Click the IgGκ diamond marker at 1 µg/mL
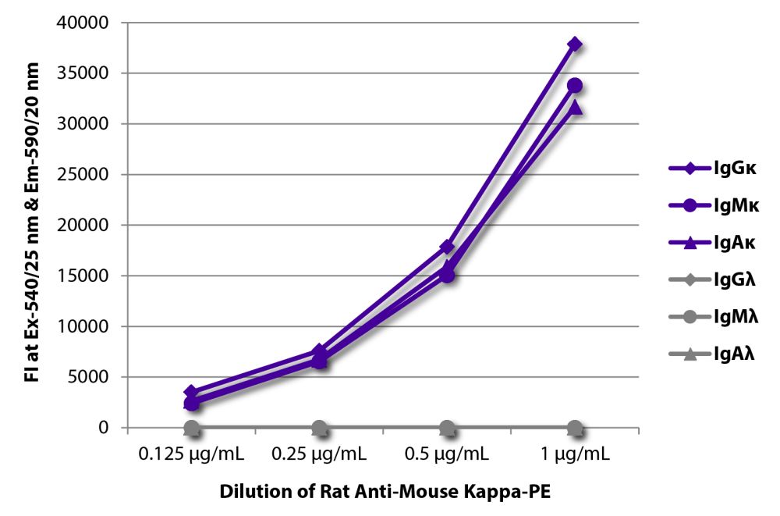[575, 44]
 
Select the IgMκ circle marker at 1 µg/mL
[575, 85]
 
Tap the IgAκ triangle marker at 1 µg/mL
[575, 107]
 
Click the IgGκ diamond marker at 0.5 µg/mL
[447, 247]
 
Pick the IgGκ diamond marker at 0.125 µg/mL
[191, 393]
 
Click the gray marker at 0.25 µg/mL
[319, 427]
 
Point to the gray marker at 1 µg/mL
[575, 427]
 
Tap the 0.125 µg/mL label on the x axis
[191, 454]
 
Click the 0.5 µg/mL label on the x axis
[447, 454]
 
